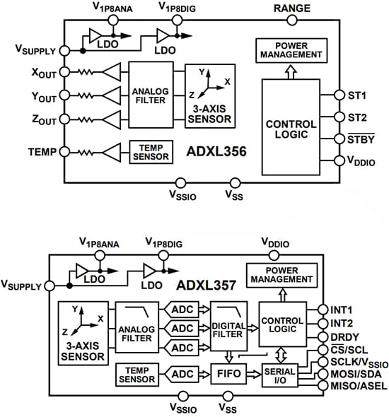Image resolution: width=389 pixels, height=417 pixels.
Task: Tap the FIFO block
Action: (x=228, y=372)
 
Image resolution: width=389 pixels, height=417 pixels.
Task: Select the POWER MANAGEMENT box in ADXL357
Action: (x=279, y=274)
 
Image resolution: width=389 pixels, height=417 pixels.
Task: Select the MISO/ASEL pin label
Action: (x=357, y=385)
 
